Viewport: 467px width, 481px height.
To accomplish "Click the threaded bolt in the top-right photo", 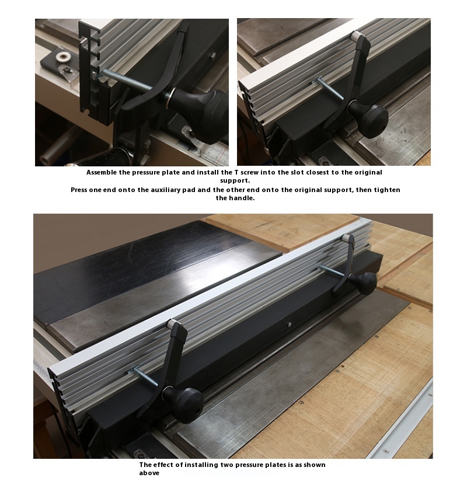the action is tap(329, 88).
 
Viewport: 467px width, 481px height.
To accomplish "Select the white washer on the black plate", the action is tap(64, 56).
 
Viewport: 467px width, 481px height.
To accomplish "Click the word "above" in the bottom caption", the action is tap(149, 473).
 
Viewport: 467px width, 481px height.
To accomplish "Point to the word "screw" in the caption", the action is tap(249, 172).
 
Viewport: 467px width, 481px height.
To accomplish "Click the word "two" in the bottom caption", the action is tap(226, 465).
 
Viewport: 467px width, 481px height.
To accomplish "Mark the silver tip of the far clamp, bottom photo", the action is tap(347, 238).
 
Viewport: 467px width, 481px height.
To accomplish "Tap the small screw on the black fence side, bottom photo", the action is tap(289, 324).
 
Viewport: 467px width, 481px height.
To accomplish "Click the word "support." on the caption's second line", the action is tap(235, 181).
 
